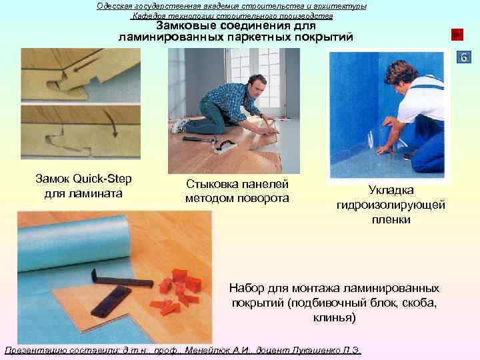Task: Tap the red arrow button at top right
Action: click(x=457, y=34)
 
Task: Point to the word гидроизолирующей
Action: click(x=391, y=205)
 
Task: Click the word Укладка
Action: click(x=391, y=191)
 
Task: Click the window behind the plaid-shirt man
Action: click(x=267, y=67)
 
